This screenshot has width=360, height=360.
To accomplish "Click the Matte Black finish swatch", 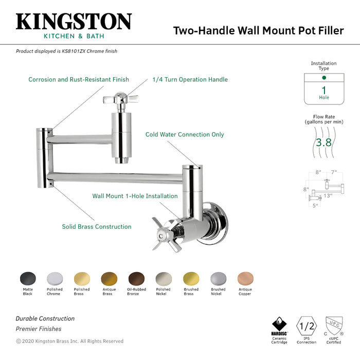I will (28, 279).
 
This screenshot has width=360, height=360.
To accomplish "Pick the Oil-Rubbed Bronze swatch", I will (136, 279).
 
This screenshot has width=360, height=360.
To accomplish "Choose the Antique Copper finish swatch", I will (245, 279).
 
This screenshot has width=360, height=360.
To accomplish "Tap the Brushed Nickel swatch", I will (218, 279).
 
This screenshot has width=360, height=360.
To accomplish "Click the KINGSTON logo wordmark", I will (74, 22).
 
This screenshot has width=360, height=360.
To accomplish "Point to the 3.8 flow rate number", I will (323, 142).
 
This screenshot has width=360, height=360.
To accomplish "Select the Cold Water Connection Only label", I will (185, 135).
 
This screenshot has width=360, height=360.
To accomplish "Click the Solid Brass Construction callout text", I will (97, 226).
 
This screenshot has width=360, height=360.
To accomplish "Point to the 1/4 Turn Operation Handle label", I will (190, 80).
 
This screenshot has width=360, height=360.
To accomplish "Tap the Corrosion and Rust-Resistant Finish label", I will (79, 80).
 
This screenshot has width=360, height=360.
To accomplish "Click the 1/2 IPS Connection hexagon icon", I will (307, 326).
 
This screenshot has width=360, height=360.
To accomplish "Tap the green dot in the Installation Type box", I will (323, 78).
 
